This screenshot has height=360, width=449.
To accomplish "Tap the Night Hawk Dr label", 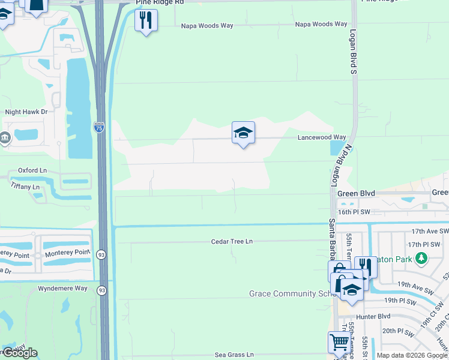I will point(26,112).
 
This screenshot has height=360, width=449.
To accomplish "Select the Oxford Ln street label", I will point(32,170).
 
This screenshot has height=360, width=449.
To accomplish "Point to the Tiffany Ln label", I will point(25,187).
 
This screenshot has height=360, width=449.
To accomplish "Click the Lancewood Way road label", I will point(322,137).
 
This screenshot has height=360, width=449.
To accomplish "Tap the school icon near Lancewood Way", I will point(243,133).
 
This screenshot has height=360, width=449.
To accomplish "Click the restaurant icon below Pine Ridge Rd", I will point(146,20).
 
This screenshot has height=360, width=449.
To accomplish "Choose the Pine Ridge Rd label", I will point(159,2).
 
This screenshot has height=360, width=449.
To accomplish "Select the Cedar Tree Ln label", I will point(232,241).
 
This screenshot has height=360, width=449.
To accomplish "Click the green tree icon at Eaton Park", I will point(421,259).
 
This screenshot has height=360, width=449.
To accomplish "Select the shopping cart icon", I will point(339,342).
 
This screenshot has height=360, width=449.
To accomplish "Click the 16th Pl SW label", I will point(355,212).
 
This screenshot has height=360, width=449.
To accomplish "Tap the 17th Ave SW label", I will point(430,231).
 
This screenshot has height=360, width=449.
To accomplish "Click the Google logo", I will point(20,353).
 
